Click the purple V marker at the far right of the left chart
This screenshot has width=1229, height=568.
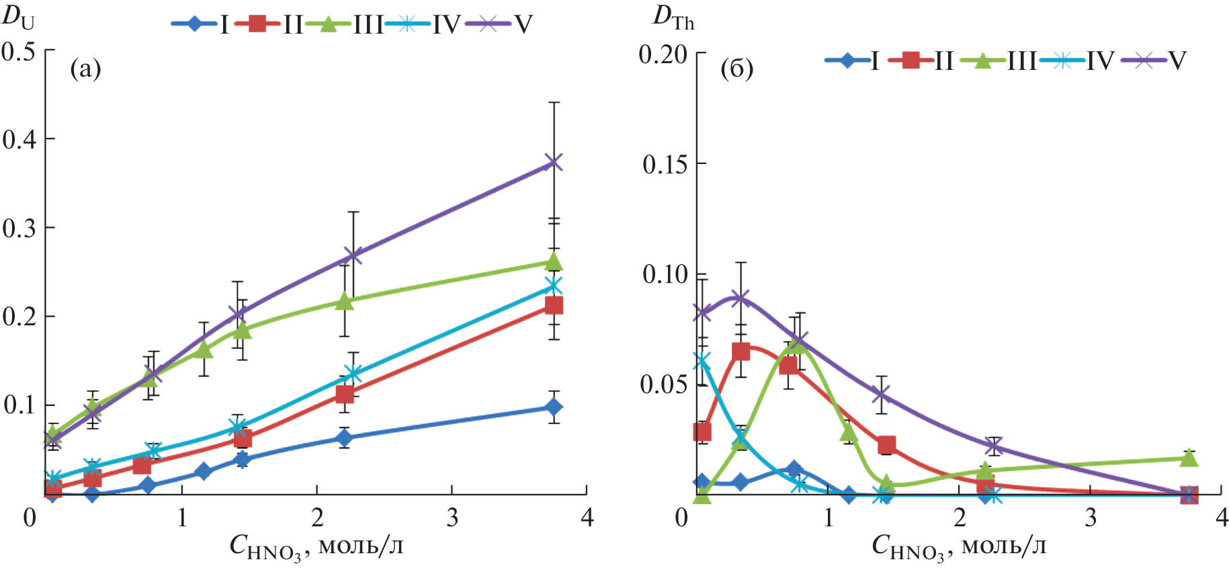point(554,162)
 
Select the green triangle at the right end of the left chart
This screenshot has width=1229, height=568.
point(554,261)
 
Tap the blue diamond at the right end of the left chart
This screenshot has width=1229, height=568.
point(554,407)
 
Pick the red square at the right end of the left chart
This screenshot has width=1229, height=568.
point(554,306)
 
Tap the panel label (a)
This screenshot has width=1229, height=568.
point(85,69)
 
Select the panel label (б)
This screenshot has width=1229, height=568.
point(736,69)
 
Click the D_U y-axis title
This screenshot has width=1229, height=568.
point(18,17)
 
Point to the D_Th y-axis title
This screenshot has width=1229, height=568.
point(673,19)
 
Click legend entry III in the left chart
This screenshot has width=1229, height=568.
point(368,26)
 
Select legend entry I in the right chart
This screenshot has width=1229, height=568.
point(874,61)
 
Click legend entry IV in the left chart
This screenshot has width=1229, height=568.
point(446,26)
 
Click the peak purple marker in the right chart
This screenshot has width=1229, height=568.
point(740,298)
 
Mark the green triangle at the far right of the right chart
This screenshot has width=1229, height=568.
point(1189,458)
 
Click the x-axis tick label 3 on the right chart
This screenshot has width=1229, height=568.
point(1090,518)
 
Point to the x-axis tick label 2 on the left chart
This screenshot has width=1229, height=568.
point(317,518)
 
